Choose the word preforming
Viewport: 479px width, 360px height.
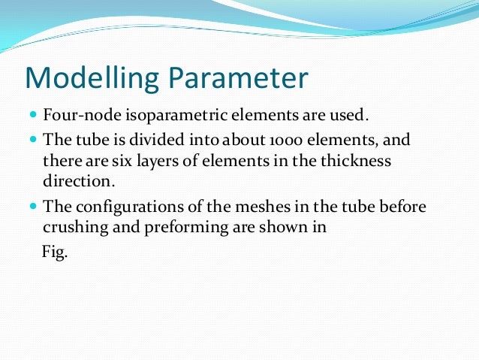pos(172,226)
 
